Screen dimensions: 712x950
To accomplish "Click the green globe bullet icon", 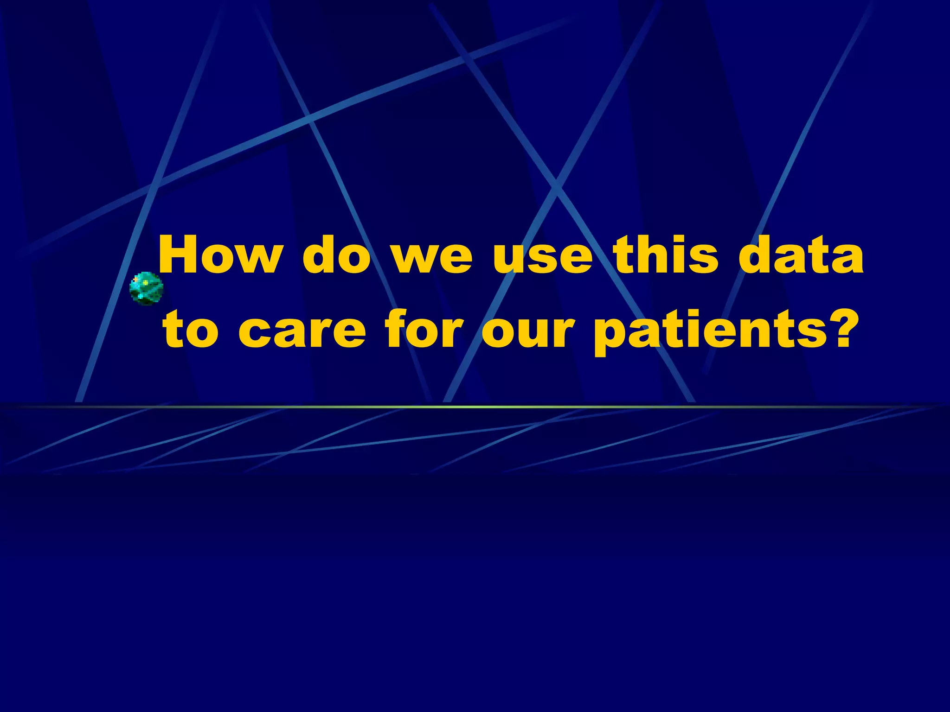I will [x=146, y=288].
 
